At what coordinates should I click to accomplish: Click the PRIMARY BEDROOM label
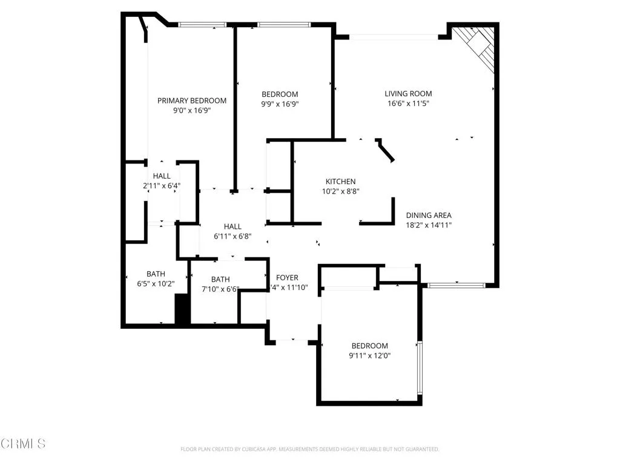[192, 101]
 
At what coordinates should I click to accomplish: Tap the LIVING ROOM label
[408, 93]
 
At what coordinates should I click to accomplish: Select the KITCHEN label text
[340, 182]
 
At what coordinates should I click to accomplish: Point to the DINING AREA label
[429, 215]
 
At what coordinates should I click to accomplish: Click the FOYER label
[287, 278]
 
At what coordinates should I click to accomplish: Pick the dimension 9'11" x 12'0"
[369, 356]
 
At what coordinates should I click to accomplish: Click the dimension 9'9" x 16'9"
[280, 104]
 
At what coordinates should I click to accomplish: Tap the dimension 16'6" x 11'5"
[408, 104]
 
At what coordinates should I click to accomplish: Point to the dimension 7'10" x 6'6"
[220, 289]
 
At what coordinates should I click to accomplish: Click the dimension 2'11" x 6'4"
[162, 186]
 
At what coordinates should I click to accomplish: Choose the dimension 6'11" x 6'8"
[232, 236]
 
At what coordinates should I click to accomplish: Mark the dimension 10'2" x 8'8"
[340, 191]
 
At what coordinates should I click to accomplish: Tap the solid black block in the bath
[182, 309]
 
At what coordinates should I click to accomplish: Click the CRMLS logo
[23, 444]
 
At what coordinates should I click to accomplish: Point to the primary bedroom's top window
[202, 25]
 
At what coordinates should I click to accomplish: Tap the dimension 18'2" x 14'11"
[429, 225]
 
